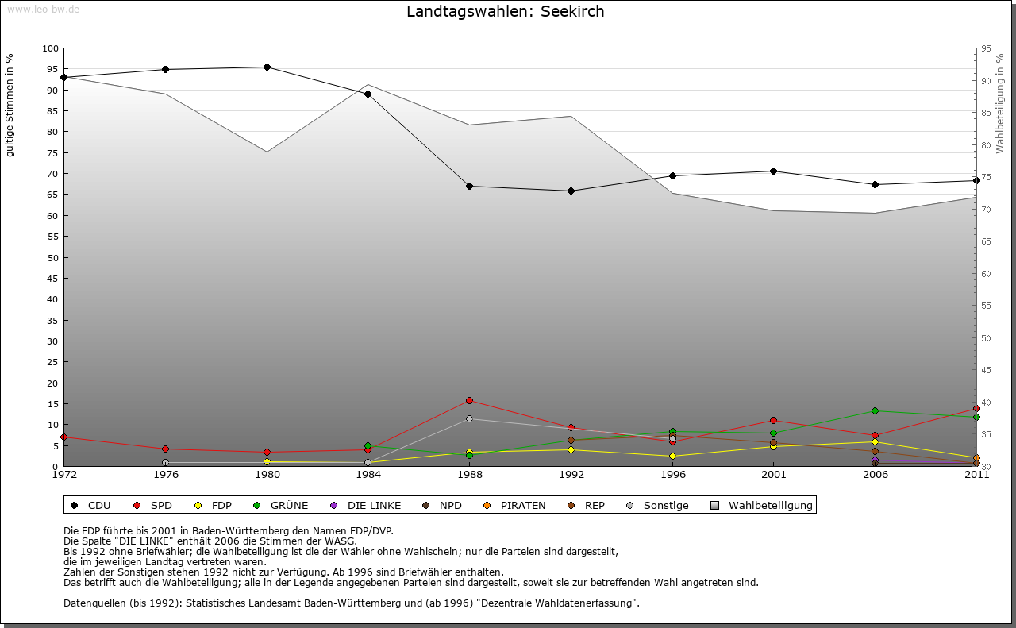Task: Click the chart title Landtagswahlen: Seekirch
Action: point(505,11)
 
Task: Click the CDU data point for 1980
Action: point(267,67)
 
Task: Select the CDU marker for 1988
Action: point(470,186)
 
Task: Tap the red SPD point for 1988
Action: point(470,400)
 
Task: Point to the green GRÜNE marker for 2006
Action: point(875,410)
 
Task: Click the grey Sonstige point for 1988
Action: point(470,418)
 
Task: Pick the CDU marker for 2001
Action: point(773,171)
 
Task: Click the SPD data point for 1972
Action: point(63,437)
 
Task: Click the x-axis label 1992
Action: point(571,475)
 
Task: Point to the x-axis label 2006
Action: point(875,475)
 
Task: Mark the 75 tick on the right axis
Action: point(986,177)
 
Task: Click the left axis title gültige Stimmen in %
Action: point(10,105)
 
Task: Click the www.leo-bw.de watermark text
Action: point(43,9)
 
